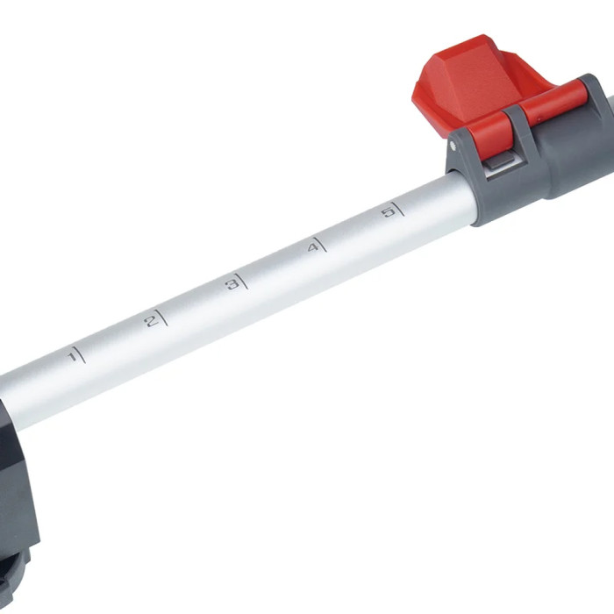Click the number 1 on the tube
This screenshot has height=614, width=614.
(71, 357)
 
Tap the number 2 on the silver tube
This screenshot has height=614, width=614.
(150, 321)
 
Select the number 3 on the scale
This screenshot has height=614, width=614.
(231, 283)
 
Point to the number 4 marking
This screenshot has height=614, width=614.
(311, 248)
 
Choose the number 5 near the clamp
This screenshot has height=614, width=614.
(388, 212)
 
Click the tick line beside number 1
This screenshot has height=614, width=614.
(81, 353)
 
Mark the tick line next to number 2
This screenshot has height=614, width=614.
(161, 317)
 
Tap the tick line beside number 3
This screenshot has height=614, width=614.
(241, 280)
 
